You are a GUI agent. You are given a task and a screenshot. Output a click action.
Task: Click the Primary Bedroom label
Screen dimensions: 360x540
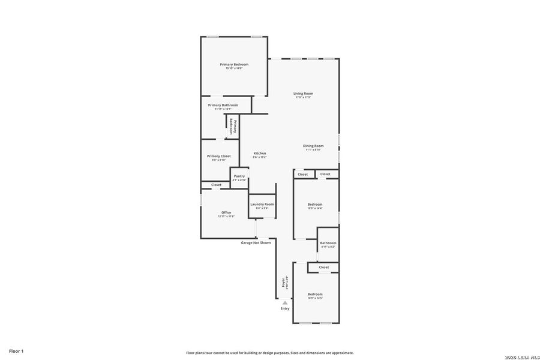[x=234, y=65]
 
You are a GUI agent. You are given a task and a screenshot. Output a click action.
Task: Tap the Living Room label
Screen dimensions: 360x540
[x=303, y=94]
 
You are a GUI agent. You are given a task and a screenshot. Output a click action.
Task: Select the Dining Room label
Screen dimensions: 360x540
[x=313, y=146]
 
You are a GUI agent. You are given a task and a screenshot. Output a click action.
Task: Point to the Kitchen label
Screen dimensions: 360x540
[x=259, y=154]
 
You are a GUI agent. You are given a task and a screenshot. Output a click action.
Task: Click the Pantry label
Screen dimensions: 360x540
[x=239, y=176]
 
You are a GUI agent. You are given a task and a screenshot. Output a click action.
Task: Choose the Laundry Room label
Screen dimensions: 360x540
[x=262, y=205]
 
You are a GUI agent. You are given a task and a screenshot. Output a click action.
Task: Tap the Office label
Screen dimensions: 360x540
[x=226, y=213]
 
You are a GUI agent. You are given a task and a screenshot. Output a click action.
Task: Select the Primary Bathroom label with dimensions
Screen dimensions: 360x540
[x=223, y=106]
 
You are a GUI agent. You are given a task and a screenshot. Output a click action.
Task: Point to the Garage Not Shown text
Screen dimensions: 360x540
[x=256, y=243]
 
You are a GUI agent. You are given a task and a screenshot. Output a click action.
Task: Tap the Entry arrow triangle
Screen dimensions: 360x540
[x=285, y=303]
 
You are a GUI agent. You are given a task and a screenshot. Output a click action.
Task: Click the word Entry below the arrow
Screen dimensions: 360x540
[x=285, y=308]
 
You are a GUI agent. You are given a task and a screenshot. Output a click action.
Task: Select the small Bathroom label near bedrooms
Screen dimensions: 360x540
[x=328, y=243]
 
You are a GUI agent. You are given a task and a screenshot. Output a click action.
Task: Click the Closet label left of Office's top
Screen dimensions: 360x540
[x=216, y=185]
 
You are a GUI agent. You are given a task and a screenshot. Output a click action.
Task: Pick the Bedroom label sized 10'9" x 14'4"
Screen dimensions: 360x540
[x=315, y=205]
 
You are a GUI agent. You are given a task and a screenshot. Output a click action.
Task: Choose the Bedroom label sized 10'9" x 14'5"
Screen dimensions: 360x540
[x=315, y=295]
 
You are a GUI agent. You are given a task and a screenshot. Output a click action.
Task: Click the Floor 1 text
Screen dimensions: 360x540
[x=16, y=350]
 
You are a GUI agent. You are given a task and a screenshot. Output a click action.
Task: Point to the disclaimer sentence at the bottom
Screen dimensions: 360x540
[x=270, y=353]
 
